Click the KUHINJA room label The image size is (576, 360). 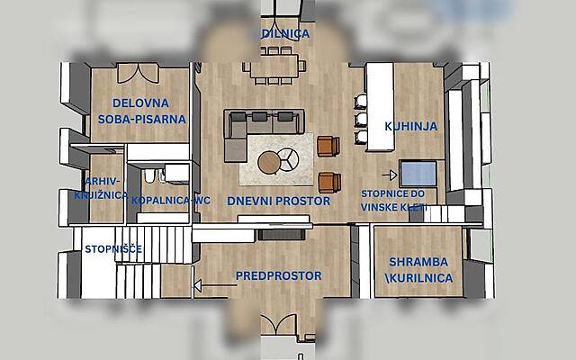[411, 126]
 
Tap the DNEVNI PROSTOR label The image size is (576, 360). [278, 201]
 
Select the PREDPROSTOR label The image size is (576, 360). [278, 275]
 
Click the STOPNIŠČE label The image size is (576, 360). [113, 249]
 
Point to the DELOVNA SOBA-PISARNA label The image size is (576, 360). [141, 111]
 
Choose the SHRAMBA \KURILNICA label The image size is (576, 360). [418, 270]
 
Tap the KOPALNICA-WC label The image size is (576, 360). [171, 200]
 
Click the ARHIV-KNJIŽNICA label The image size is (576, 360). [101, 188]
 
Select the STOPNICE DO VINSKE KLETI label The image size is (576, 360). [393, 201]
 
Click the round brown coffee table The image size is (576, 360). [269, 162]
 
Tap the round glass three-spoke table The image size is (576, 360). [288, 159]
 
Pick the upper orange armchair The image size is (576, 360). [328, 146]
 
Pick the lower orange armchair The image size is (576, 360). [329, 183]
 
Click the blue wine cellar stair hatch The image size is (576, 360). [418, 174]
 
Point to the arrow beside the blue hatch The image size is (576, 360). [390, 175]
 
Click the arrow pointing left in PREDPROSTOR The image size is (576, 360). [216, 285]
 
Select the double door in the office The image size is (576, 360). [138, 73]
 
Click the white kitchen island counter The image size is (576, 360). [380, 106]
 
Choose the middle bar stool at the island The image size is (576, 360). [361, 120]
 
